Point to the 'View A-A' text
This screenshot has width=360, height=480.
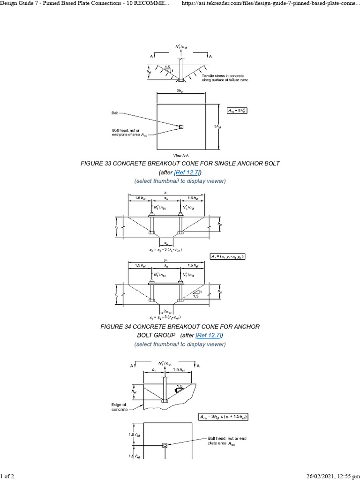pos(180,154)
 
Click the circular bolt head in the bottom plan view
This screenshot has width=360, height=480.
pos(165,445)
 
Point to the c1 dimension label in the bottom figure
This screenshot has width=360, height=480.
pos(154,370)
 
